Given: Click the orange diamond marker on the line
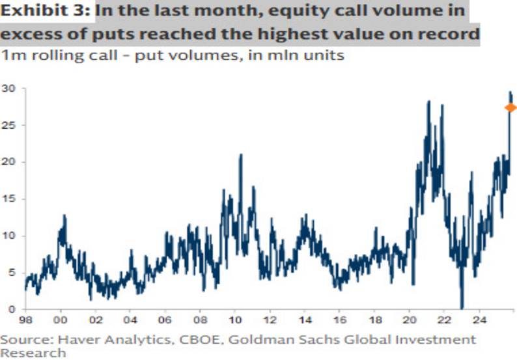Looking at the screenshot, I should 510,107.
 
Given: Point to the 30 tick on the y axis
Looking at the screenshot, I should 8,88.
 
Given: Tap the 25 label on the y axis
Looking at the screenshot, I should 8,124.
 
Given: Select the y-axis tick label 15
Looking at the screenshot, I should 8,198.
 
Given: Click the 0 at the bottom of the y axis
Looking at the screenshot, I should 12,309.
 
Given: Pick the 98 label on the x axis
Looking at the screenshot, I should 27,321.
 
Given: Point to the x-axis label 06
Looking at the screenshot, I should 165,321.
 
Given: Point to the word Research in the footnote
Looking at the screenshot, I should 33,353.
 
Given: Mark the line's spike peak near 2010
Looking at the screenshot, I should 241,154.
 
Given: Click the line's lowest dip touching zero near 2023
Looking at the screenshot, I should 462,307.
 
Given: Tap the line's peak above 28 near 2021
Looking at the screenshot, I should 428,101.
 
